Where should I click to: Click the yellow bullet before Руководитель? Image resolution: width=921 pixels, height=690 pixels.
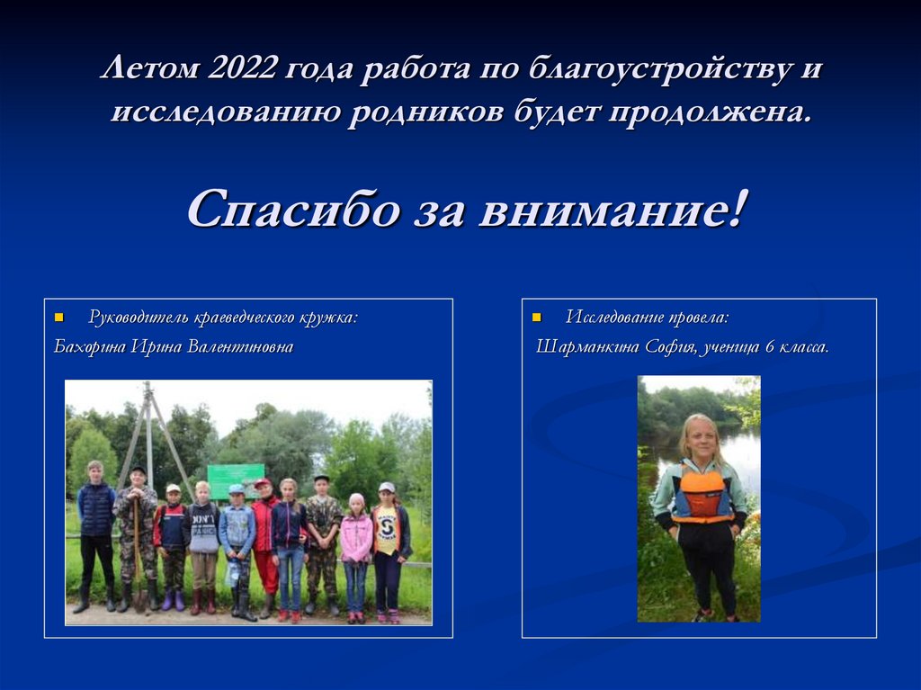[59, 318]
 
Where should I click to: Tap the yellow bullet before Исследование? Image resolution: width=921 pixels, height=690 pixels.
[537, 318]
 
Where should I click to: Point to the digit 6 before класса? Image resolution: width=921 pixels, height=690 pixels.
[770, 346]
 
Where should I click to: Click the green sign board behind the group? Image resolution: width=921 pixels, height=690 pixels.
[236, 479]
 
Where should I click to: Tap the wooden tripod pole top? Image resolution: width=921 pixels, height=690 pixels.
[147, 388]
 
